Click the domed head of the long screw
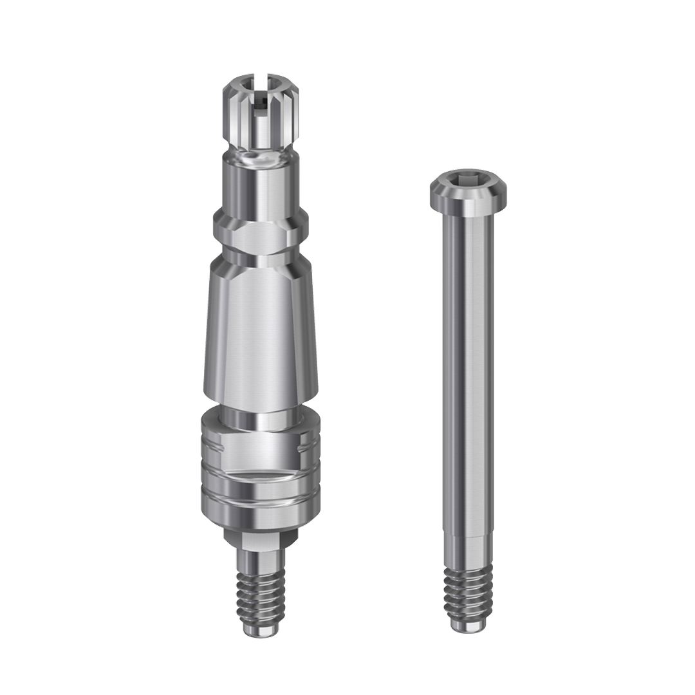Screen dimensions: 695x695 [468, 190]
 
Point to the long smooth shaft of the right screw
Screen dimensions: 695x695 [468, 373]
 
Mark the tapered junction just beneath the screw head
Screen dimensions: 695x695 [468, 216]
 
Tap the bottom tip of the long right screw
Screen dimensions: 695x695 [468, 625]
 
